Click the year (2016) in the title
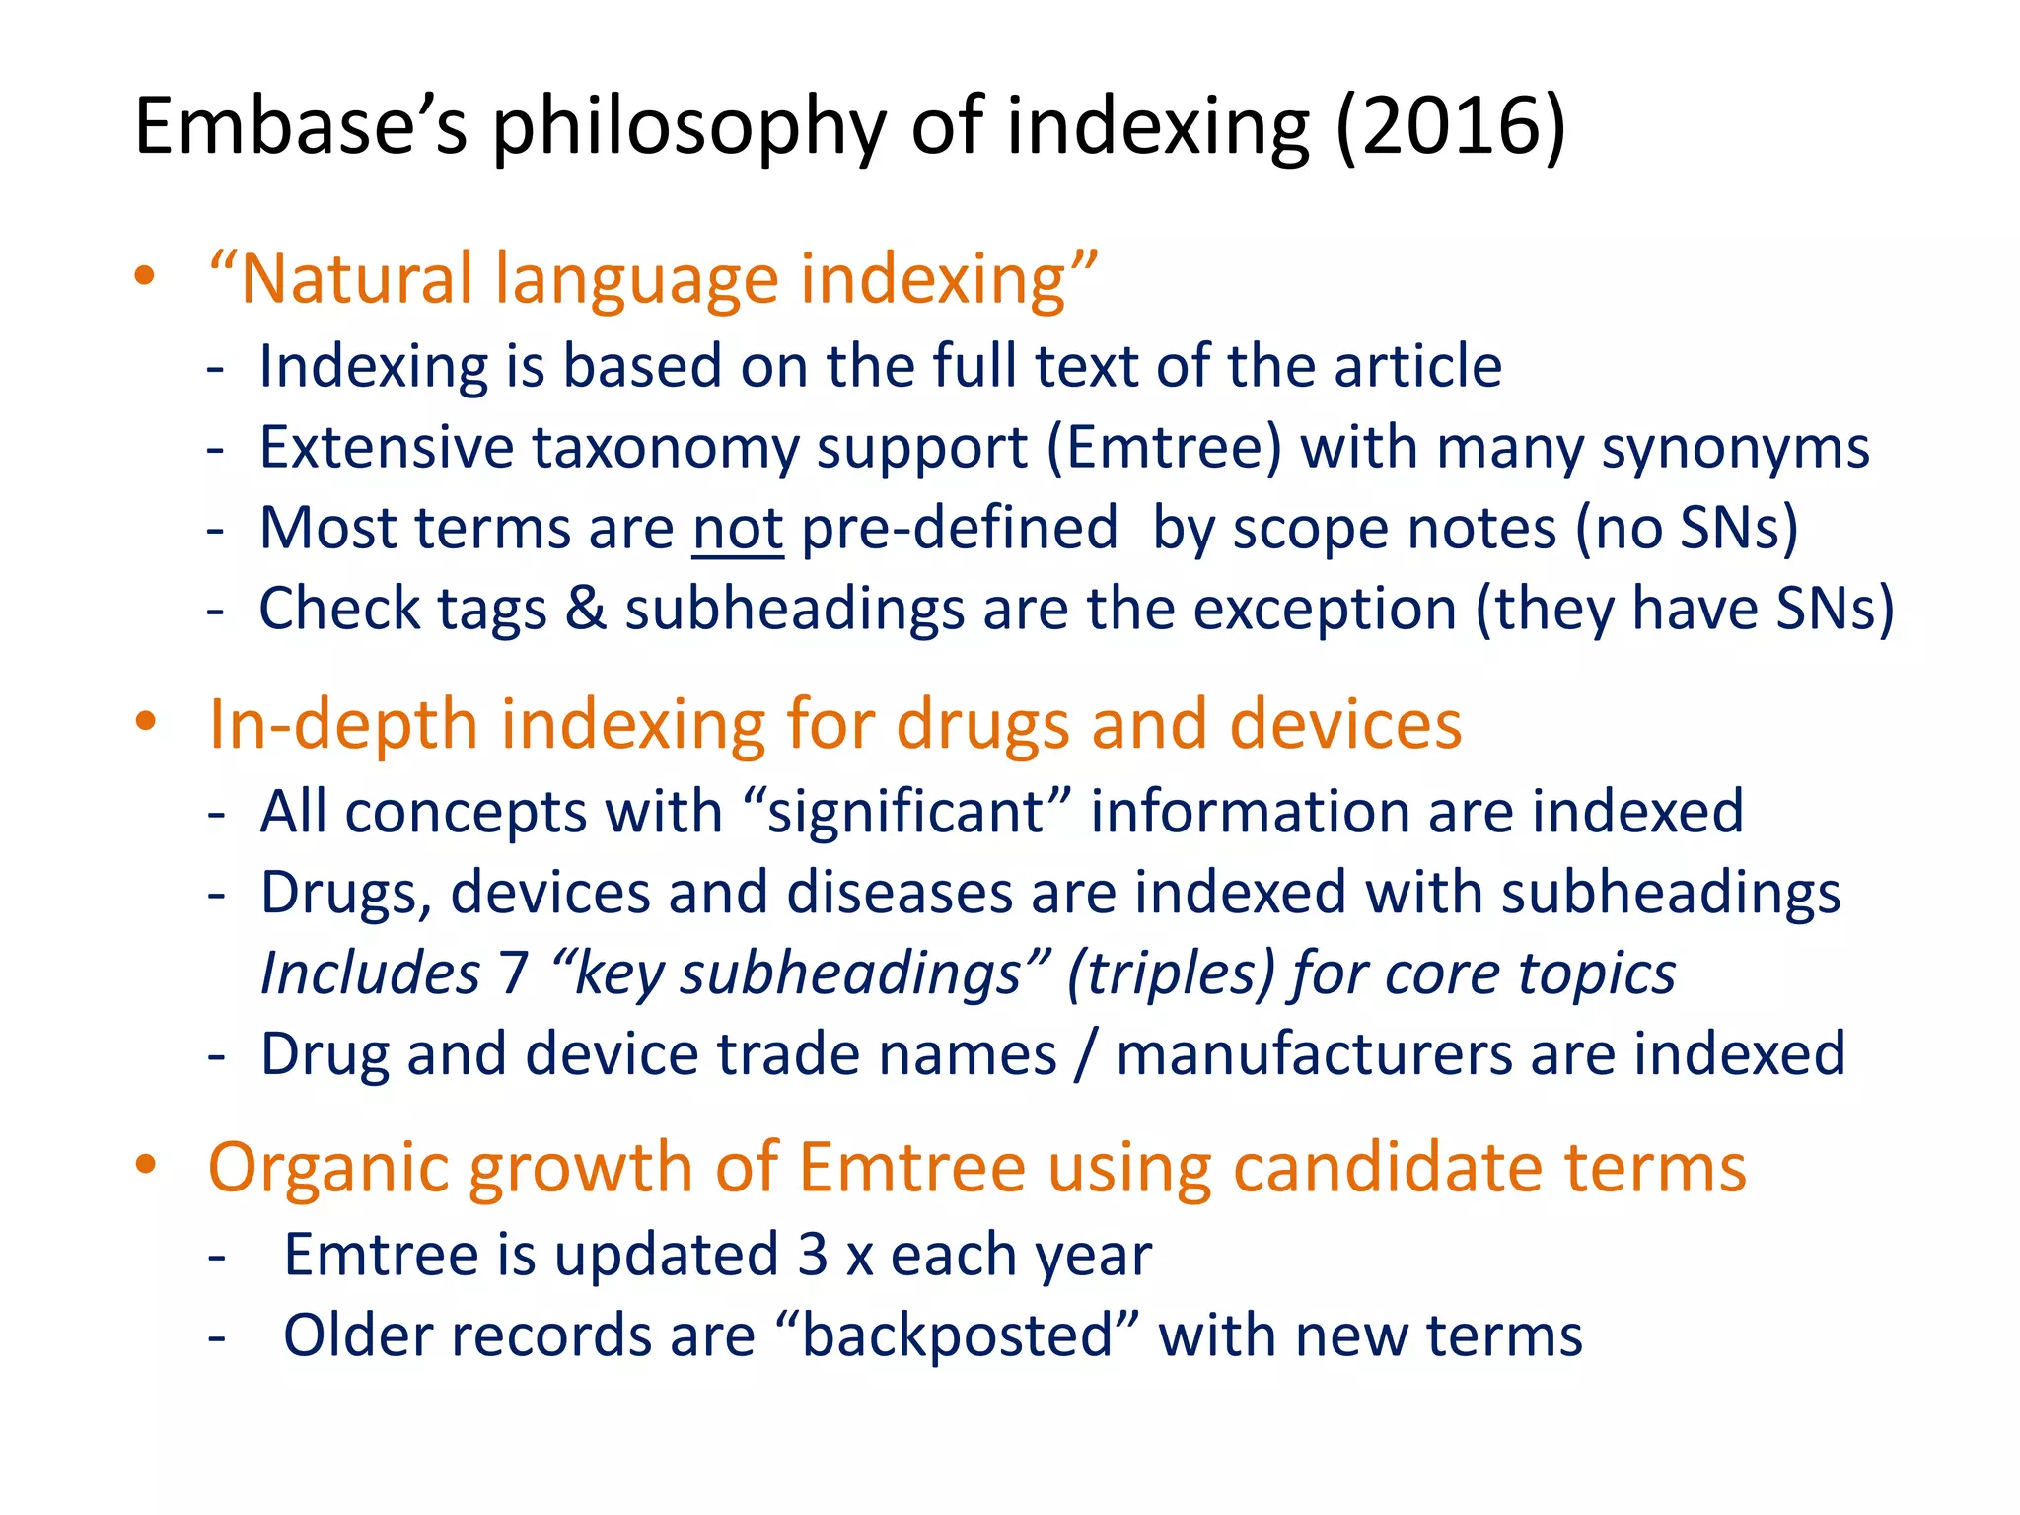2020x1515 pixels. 1450,126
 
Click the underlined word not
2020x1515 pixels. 738,529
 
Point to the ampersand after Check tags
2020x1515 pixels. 586,609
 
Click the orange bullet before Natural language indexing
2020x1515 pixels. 145,276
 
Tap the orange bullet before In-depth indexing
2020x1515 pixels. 145,721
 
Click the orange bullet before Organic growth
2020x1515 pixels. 145,1165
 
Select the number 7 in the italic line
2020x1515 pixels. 514,974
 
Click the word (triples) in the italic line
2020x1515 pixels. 1171,974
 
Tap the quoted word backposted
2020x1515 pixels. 957,1336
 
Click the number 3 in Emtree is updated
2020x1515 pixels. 813,1256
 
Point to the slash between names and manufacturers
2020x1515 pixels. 1086,1054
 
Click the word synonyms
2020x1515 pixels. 1735,448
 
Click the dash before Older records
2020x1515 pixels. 217,1338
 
